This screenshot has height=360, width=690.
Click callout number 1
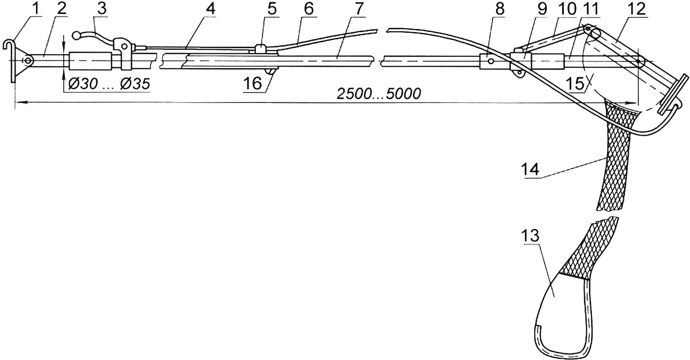[x=35, y=9]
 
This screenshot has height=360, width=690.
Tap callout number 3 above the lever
[x=102, y=9]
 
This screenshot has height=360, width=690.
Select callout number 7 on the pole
[x=359, y=9]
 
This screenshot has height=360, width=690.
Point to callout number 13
[x=530, y=235]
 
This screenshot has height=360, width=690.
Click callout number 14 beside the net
[x=530, y=169]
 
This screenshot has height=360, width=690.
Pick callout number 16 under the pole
[x=252, y=84]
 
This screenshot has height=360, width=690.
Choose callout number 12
[x=636, y=9]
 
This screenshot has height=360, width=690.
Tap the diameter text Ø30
[x=83, y=84]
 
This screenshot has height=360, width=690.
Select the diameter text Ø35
[x=135, y=84]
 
